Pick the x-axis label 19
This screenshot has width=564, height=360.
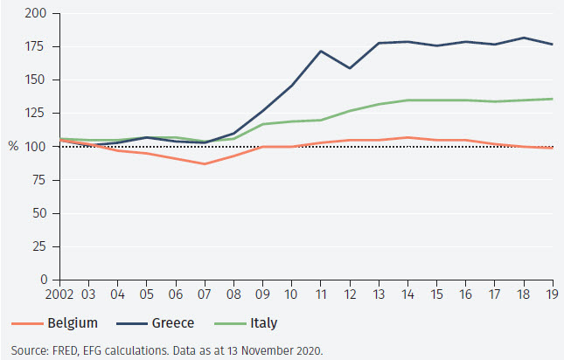point(550,294)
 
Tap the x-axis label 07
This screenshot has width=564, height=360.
point(205,294)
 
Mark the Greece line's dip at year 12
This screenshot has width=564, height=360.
point(352,68)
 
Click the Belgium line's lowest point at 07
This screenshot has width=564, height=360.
point(205,163)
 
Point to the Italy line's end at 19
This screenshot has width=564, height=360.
point(550,99)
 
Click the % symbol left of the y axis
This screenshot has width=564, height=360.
point(14,147)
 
